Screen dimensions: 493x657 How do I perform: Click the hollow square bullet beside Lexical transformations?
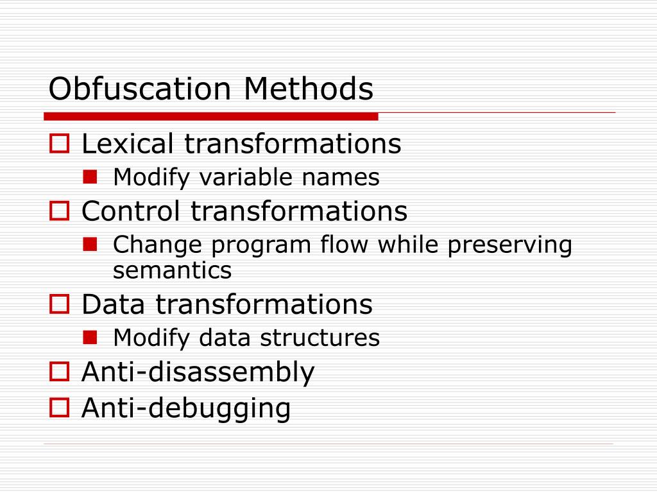click(59, 143)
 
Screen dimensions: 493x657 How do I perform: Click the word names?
click(348, 177)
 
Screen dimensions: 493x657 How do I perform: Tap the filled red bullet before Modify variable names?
click(90, 176)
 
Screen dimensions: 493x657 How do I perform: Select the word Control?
click(132, 211)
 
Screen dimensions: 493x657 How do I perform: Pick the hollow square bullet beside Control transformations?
click(59, 211)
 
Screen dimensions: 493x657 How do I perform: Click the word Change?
click(155, 245)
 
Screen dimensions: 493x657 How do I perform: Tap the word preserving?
click(509, 245)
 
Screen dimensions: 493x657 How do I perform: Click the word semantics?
click(172, 271)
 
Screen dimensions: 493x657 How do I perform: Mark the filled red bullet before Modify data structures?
click(90, 336)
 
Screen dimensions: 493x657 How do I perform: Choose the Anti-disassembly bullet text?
click(198, 372)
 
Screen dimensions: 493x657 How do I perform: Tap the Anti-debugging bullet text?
click(186, 408)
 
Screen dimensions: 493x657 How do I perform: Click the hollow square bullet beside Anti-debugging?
click(59, 407)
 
